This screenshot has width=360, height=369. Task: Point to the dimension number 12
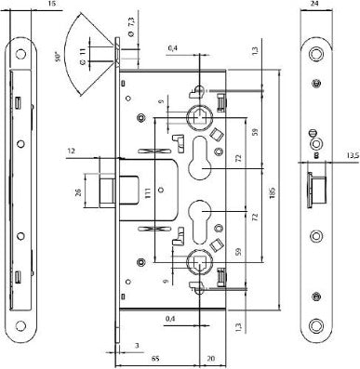point(72,149)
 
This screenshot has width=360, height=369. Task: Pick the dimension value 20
point(210,357)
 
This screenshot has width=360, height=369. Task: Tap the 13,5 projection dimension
point(352,156)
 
